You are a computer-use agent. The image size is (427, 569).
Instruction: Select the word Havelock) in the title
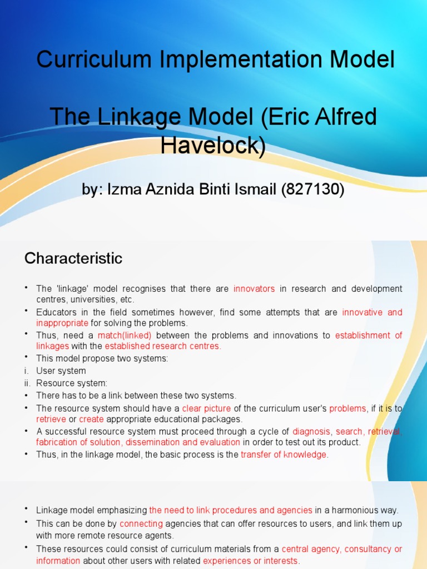pyautogui.click(x=213, y=145)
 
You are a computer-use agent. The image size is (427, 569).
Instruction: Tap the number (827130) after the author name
pyautogui.click(x=312, y=190)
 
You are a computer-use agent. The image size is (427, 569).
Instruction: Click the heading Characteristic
pyautogui.click(x=73, y=258)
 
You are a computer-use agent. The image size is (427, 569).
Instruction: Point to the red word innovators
pyautogui.click(x=254, y=289)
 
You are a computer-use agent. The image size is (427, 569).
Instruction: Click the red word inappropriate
pyautogui.click(x=62, y=323)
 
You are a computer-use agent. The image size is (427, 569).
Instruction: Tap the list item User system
pyautogui.click(x=61, y=371)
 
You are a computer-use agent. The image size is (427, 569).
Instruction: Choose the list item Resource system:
pyautogui.click(x=72, y=383)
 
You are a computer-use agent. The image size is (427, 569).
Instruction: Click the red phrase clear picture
pyautogui.click(x=206, y=408)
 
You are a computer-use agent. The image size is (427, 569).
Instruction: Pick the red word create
pyautogui.click(x=91, y=419)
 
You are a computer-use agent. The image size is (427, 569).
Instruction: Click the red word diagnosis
pyautogui.click(x=311, y=431)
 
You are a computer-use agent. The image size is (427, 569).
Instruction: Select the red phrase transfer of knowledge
pyautogui.click(x=284, y=455)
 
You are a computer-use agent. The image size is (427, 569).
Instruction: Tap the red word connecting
pyautogui.click(x=141, y=523)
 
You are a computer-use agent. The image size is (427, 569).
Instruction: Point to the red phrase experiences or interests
pyautogui.click(x=251, y=561)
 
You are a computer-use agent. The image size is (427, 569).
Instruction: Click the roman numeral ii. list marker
pyautogui.click(x=26, y=383)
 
